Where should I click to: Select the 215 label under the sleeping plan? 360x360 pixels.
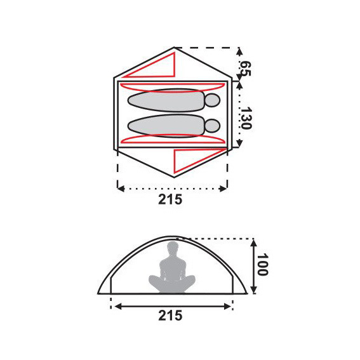pyautogui.click(x=171, y=199)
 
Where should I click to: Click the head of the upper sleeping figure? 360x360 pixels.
pyautogui.click(x=213, y=100)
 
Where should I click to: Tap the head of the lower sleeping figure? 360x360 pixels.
pyautogui.click(x=213, y=125)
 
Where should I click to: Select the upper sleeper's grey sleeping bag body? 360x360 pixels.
pyautogui.click(x=165, y=100)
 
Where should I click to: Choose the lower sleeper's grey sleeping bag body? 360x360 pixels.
pyautogui.click(x=165, y=125)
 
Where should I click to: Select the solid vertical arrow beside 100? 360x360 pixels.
pyautogui.click(x=253, y=266)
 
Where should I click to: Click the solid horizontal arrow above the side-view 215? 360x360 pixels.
pyautogui.click(x=172, y=305)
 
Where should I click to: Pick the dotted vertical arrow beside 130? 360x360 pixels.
pyautogui.click(x=239, y=114)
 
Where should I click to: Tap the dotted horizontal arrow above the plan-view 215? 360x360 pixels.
pyautogui.click(x=172, y=188)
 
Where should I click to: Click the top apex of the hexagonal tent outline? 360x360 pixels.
pyautogui.click(x=174, y=47)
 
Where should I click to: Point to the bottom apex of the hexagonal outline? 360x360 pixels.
pyautogui.click(x=173, y=178)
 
